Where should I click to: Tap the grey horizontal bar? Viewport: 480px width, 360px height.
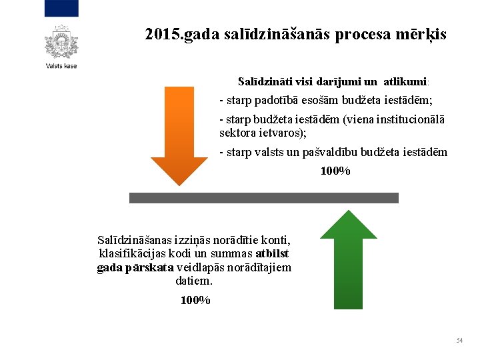click(x=263, y=198)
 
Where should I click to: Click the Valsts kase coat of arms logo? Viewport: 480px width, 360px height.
click(x=61, y=42)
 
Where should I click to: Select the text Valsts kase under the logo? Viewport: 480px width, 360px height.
click(x=61, y=66)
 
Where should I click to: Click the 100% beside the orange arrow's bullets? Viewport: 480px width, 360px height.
click(x=335, y=171)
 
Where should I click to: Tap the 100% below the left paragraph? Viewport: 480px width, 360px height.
click(x=195, y=300)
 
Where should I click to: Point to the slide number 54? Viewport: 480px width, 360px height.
click(x=459, y=341)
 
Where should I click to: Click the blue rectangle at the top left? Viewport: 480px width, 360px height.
click(x=61, y=9)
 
